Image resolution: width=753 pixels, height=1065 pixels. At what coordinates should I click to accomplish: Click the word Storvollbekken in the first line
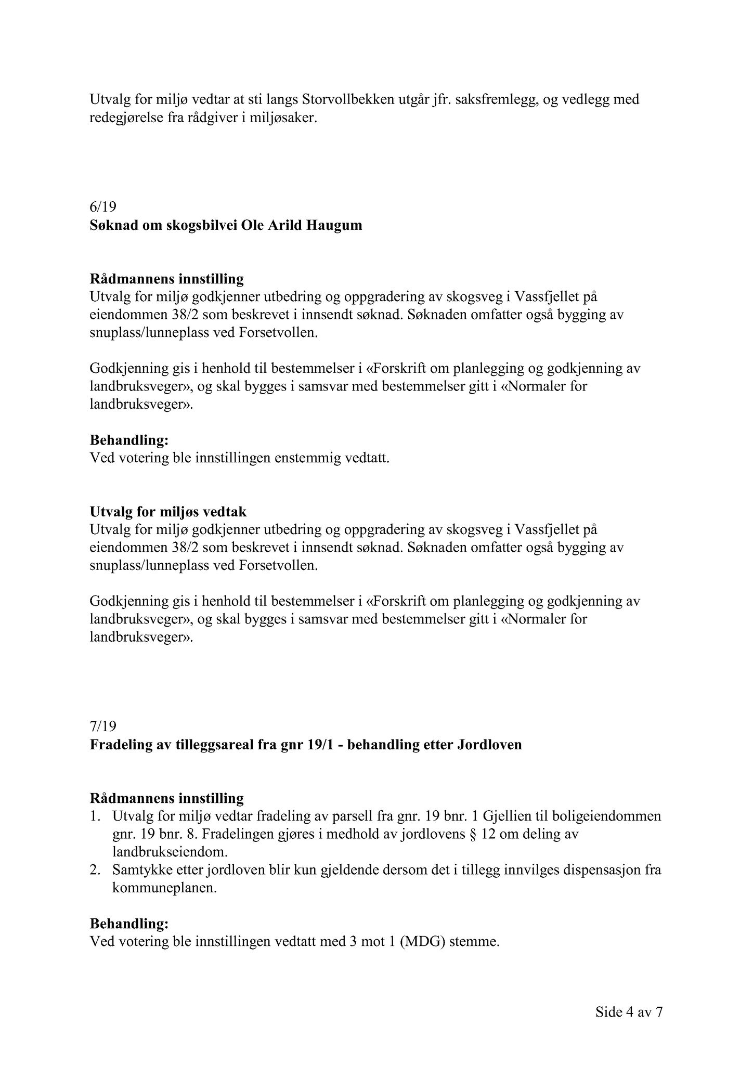347,99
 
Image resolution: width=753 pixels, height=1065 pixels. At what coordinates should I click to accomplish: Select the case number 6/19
102,207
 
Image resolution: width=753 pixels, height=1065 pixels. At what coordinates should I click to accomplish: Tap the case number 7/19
102,726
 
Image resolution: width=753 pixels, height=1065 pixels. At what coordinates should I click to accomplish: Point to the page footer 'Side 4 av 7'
629,1012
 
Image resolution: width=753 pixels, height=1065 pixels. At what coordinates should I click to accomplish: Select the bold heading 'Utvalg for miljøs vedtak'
168,511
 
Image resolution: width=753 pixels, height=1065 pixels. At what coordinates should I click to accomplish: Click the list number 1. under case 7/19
95,815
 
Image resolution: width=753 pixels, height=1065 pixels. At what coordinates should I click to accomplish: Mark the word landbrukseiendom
170,852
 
